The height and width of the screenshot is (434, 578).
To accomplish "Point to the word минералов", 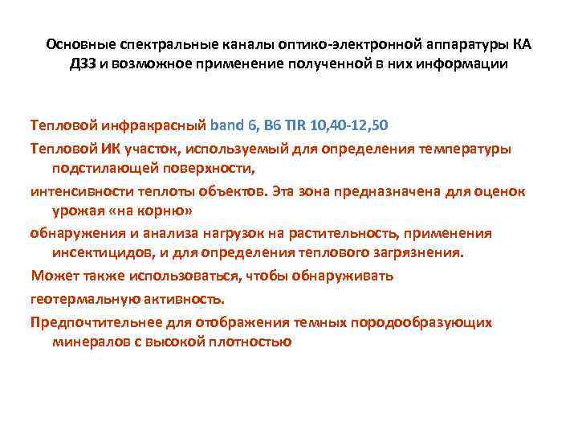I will pyautogui.click(x=83, y=342).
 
